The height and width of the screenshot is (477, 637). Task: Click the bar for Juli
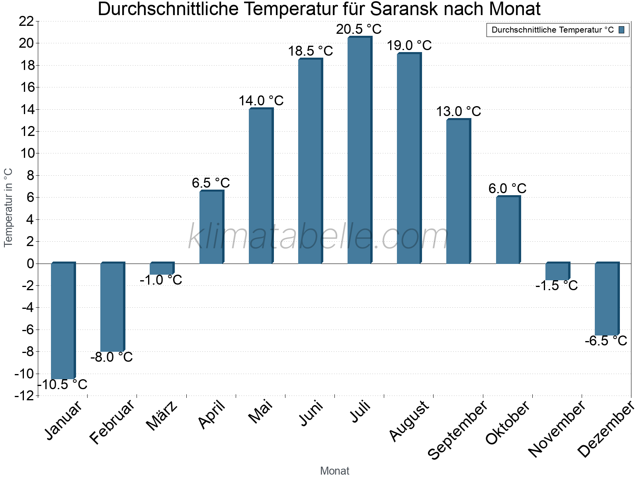point(359,150)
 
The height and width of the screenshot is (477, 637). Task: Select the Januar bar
point(63,321)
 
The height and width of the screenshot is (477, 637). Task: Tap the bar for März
point(161,269)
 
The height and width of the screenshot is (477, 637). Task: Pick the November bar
point(557,271)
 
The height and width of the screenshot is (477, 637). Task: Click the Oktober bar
point(507,230)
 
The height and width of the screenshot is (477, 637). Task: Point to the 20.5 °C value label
point(359,29)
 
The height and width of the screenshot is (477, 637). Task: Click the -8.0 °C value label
point(111,357)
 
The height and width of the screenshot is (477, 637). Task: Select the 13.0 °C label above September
point(458,112)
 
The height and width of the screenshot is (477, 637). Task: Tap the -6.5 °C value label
point(606,341)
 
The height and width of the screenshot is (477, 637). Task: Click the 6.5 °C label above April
point(211,183)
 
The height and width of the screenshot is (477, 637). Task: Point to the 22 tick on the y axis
point(26,21)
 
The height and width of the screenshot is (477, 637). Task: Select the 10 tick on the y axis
point(26,153)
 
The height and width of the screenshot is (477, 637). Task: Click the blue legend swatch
point(621,30)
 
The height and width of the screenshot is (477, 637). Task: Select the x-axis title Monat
point(334,471)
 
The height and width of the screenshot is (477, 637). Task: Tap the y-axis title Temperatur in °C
point(8,207)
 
